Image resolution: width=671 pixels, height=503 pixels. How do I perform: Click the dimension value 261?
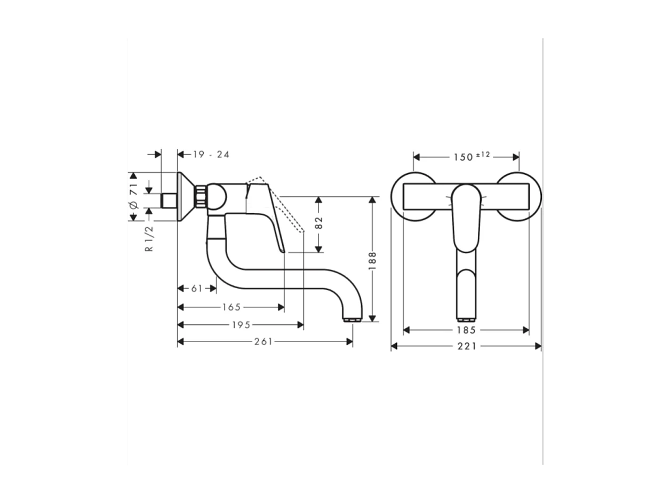click(x=263, y=342)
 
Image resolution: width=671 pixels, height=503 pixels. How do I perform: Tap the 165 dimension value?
click(x=231, y=307)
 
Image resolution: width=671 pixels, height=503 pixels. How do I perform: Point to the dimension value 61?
click(x=197, y=289)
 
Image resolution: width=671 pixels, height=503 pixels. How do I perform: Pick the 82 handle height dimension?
click(x=319, y=223)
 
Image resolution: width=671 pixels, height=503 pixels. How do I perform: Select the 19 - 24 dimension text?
click(x=211, y=154)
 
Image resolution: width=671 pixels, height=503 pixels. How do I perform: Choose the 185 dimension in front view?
click(x=466, y=330)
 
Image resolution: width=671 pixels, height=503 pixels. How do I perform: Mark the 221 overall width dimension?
click(x=467, y=346)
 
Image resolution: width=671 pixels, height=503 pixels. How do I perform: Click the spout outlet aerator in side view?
click(x=352, y=320)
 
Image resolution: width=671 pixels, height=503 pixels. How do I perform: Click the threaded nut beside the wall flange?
click(x=201, y=196)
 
